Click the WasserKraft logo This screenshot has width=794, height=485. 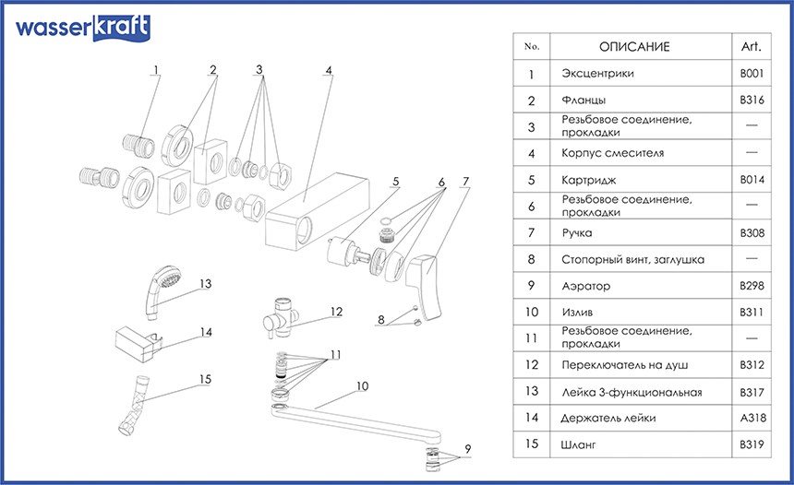tap(81, 28)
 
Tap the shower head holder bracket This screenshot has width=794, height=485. tap(136, 340)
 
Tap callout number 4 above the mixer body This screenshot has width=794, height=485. tap(328, 69)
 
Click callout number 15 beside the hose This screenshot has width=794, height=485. tap(205, 378)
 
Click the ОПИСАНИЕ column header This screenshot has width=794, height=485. tap(634, 46)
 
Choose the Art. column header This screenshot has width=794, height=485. tap(751, 46)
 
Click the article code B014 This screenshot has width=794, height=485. tap(751, 180)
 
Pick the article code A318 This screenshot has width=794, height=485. tap(751, 418)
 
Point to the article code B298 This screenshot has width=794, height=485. tap(751, 286)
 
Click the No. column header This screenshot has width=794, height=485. tap(531, 46)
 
